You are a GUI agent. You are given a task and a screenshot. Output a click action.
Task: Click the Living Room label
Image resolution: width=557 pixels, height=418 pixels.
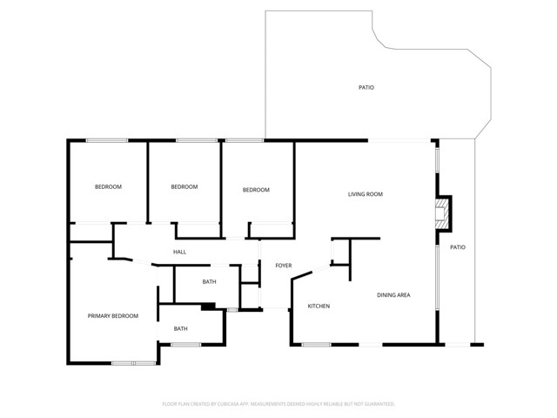(366, 194)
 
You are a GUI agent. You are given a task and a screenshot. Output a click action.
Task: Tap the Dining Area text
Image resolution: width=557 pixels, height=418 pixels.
(393, 295)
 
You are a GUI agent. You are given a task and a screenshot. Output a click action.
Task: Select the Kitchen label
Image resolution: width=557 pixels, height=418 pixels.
(319, 306)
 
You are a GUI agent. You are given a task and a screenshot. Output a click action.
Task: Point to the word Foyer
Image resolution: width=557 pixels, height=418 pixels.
(283, 266)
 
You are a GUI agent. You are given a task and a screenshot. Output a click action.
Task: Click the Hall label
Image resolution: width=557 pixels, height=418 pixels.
(179, 253)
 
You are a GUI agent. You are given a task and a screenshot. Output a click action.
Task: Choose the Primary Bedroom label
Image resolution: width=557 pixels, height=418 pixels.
(113, 316)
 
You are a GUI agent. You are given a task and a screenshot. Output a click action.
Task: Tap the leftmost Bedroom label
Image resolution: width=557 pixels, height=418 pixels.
(108, 187)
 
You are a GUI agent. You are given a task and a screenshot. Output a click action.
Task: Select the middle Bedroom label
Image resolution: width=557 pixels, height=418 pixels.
(184, 187)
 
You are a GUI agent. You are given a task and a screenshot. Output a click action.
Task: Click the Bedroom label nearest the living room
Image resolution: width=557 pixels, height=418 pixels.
(256, 190)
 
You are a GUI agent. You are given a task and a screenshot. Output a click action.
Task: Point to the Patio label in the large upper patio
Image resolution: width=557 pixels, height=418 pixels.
(366, 88)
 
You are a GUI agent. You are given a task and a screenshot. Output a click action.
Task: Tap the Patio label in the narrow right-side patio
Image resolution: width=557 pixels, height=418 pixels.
(457, 248)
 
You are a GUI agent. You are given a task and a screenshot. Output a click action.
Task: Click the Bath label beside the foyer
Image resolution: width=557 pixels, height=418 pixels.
(209, 282)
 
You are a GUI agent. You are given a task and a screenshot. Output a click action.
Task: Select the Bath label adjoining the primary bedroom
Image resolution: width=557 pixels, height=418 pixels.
(180, 328)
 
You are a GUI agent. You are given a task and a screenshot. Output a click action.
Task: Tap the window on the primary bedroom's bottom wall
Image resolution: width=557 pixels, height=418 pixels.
(133, 362)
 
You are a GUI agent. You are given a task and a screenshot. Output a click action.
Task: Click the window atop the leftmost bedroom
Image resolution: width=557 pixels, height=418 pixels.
(107, 140)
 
